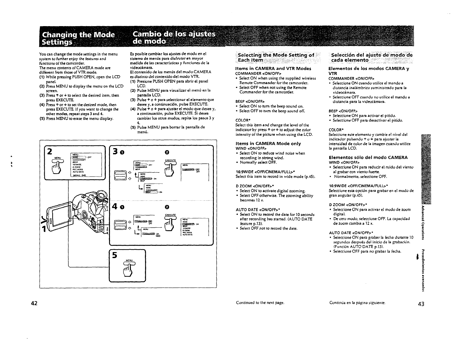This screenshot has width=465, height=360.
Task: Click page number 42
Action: (x=34, y=304)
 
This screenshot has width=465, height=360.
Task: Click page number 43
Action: (x=421, y=304)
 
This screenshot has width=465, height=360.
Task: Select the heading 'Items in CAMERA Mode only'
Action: (x=268, y=144)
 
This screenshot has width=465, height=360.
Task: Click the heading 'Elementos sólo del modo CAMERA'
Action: (x=368, y=157)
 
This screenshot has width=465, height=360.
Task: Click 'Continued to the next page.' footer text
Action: (x=260, y=303)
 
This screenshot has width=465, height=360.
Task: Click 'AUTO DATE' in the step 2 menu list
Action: (x=78, y=172)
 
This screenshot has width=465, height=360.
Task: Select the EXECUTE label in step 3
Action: (x=170, y=160)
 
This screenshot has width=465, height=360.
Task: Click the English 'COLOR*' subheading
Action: (x=242, y=120)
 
